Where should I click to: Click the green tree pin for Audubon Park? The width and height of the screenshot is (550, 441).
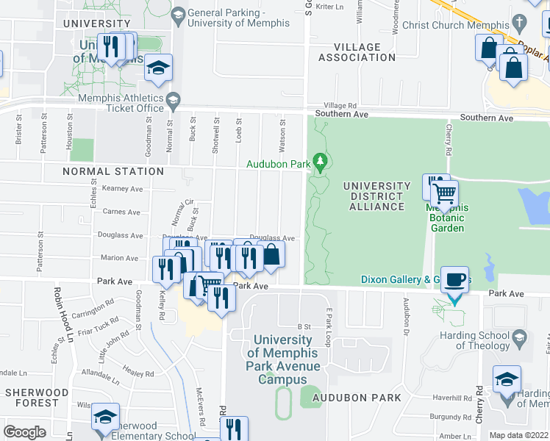tap(319, 159)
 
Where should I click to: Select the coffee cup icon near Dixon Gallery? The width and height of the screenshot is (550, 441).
tap(454, 280)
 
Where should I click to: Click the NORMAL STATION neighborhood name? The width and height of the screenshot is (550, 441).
tap(103, 171)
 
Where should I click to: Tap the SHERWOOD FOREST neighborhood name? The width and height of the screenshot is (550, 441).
tap(32, 398)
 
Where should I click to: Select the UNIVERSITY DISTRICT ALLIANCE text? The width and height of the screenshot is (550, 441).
tap(376, 196)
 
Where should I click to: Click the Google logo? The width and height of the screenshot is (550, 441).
tap(24, 431)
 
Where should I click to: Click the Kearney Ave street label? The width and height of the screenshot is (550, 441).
tap(122, 189)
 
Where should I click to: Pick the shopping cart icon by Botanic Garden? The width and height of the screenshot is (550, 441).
tap(444, 195)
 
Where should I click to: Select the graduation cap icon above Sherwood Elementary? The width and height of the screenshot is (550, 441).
tap(106, 417)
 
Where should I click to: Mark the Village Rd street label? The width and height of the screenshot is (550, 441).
tap(340, 106)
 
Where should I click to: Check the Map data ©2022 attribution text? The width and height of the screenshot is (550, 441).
tap(518, 435)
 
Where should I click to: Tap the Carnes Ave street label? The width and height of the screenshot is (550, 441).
tap(122, 212)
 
